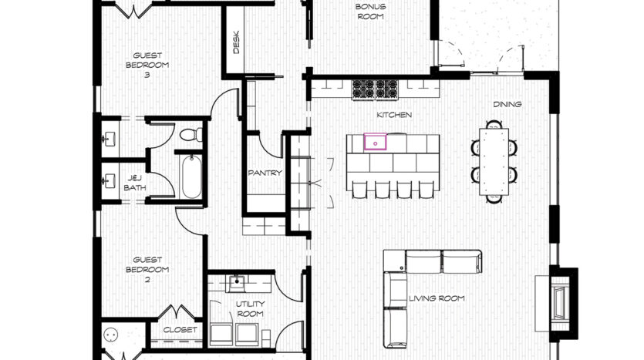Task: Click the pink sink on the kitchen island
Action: [x=376, y=142]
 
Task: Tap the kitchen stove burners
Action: [x=375, y=89]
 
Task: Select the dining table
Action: [x=494, y=162]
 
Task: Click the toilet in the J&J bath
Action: [x=191, y=134]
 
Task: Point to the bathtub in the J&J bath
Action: [x=192, y=177]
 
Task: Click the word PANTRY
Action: [x=265, y=173]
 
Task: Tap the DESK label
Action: [x=236, y=42]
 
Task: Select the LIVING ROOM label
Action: [x=437, y=298]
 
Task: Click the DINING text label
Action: [x=507, y=104]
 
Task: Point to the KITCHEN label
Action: [x=394, y=115]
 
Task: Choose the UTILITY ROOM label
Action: [x=250, y=308]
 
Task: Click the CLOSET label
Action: [x=180, y=330]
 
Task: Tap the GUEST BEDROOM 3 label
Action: [x=147, y=65]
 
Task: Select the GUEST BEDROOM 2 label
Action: [x=147, y=270]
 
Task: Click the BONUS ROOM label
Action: [x=370, y=12]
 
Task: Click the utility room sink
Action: [x=237, y=283]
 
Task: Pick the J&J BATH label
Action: [x=135, y=183]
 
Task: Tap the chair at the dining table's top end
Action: [x=494, y=124]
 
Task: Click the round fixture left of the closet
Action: [x=111, y=335]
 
